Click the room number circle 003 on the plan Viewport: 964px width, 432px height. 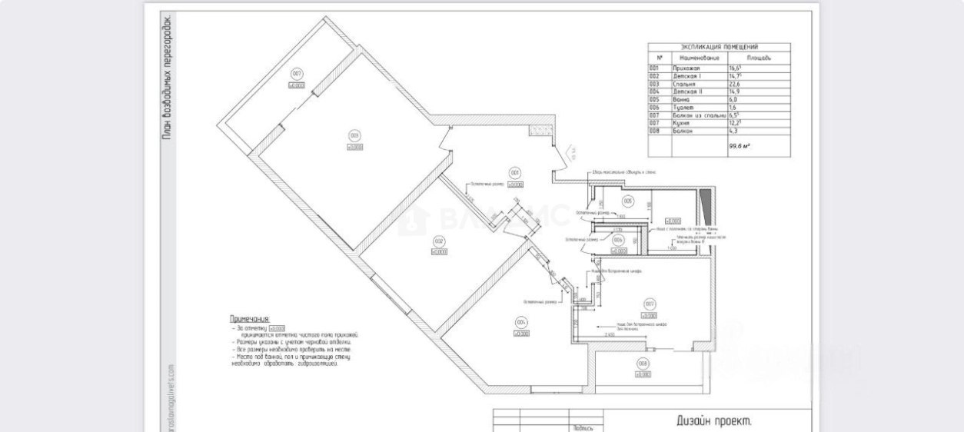(354, 135)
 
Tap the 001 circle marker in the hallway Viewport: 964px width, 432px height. (515, 172)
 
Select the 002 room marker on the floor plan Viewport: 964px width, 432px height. (439, 240)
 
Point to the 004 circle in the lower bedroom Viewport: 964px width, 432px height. (521, 322)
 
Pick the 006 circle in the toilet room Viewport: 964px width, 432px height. (620, 240)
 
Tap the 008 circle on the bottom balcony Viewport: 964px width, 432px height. (643, 364)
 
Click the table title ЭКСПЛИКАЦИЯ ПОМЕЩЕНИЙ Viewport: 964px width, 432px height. (720, 48)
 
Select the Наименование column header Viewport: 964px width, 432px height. (700, 58)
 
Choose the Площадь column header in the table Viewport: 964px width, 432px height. (759, 58)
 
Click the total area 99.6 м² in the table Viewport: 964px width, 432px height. (740, 145)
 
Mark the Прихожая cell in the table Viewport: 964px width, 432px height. (687, 68)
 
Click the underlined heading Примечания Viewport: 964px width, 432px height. (250, 318)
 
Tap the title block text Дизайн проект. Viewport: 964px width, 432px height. (713, 420)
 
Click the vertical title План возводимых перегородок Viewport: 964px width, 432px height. (167, 77)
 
